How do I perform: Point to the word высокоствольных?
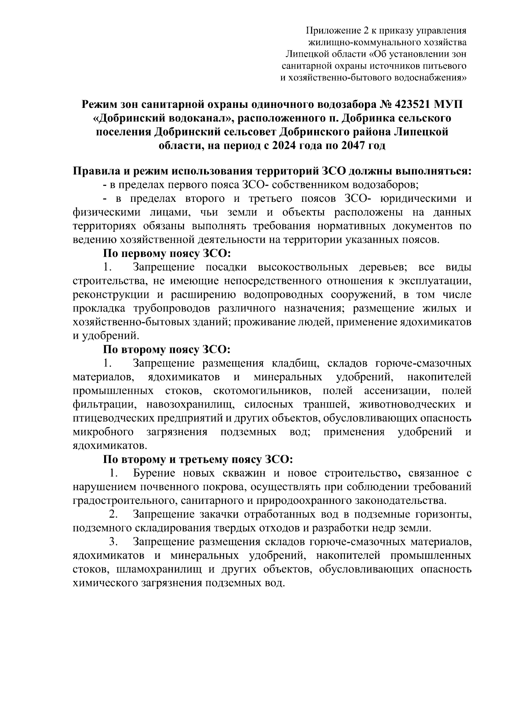(x=303, y=267)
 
